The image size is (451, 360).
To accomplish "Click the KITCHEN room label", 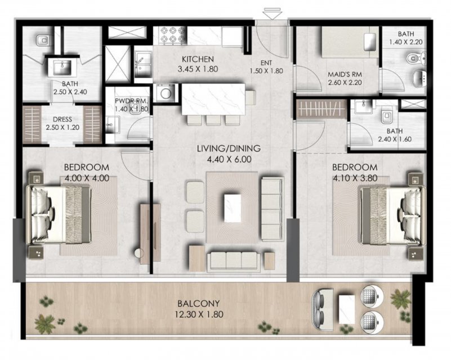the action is [198, 60].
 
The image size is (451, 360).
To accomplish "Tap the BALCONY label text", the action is [198, 303].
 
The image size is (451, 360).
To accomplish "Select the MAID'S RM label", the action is [345, 74].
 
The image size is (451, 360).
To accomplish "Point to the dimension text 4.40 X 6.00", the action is [229, 159].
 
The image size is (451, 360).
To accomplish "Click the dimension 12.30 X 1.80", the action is [199, 314].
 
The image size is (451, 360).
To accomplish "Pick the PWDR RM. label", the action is [131, 101].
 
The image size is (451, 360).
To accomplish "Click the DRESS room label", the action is [62, 119].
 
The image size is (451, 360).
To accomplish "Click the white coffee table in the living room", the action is [233, 208].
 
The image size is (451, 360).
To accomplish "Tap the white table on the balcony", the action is [347, 309].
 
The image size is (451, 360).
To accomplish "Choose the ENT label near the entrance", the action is [266, 62].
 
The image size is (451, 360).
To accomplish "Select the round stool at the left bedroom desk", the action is [139, 253].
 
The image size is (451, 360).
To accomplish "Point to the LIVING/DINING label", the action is [229, 148].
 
